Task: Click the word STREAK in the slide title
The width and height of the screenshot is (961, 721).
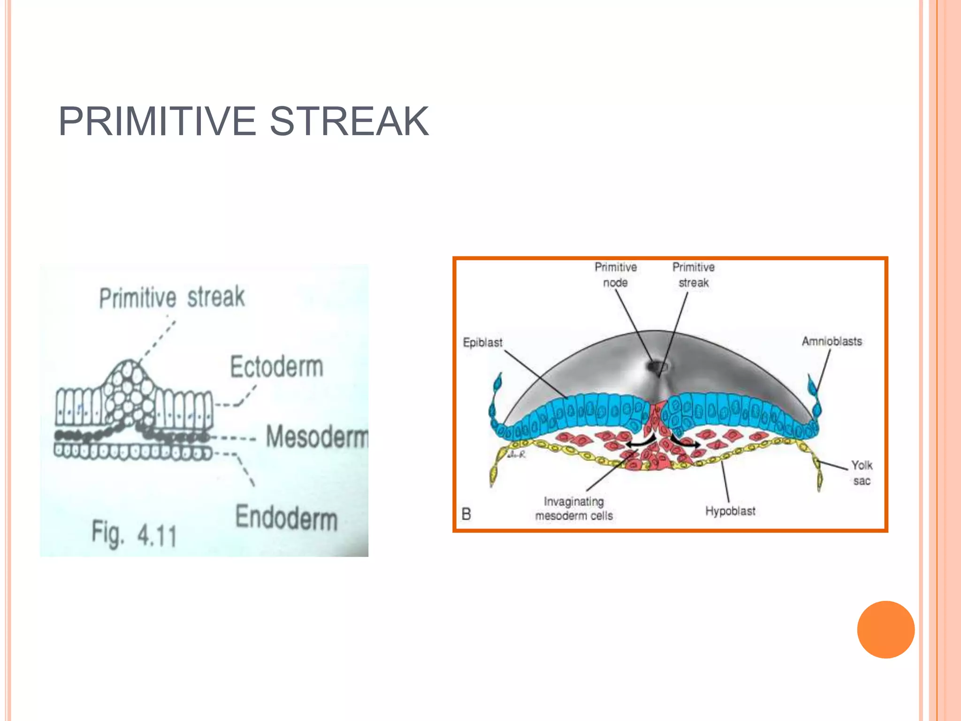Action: click(349, 122)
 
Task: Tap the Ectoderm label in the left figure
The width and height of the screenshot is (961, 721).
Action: click(276, 367)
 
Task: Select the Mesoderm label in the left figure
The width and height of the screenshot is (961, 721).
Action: click(317, 437)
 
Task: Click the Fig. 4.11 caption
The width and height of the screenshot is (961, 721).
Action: click(134, 534)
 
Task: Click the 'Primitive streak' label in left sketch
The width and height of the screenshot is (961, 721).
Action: click(172, 297)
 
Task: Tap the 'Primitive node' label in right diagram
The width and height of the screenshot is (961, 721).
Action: click(615, 275)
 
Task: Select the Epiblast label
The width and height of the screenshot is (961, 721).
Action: click(482, 343)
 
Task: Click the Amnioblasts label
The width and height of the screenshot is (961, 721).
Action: click(831, 341)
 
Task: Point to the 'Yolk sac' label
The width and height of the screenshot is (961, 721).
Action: click(862, 473)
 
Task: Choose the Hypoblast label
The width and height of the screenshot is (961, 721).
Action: click(730, 511)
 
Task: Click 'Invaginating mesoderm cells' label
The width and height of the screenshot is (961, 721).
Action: click(574, 508)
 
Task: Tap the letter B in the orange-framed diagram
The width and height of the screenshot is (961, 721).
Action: click(466, 514)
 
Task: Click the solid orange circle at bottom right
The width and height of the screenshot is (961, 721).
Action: click(885, 629)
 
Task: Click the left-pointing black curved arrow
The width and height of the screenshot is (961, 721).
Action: click(640, 442)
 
